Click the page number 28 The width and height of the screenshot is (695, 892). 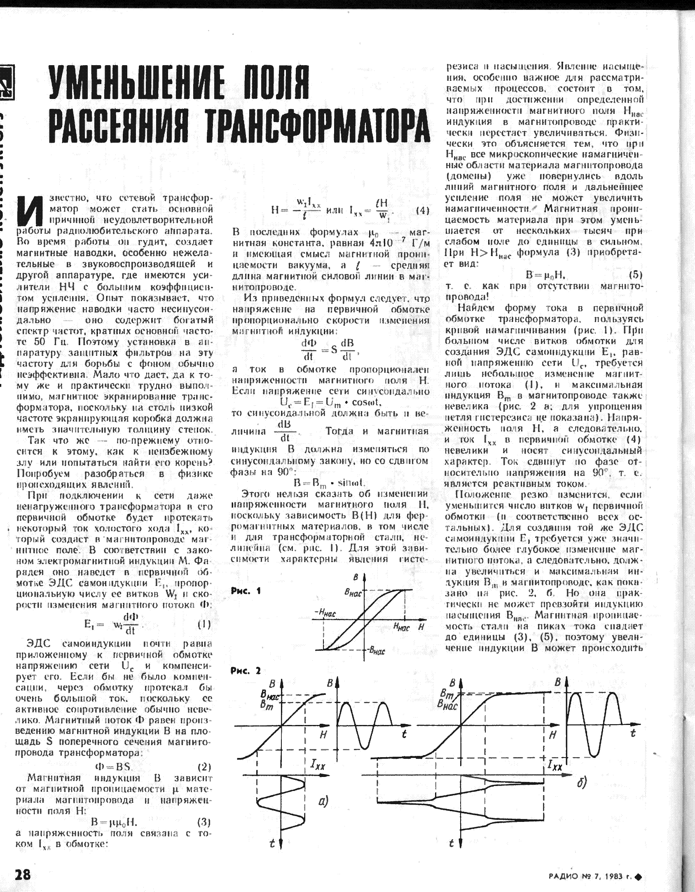tap(23, 873)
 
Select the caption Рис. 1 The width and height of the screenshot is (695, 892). tap(246, 591)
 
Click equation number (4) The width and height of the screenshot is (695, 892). tap(422, 210)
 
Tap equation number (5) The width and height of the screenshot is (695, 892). tap(636, 275)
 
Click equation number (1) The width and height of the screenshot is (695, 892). tap(204, 624)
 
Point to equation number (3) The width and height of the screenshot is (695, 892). tap(204, 821)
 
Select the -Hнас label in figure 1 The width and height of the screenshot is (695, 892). tap(325, 613)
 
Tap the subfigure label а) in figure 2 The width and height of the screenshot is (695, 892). tap(323, 801)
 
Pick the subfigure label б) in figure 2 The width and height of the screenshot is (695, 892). tap(582, 782)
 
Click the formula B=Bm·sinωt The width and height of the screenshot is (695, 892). tap(329, 482)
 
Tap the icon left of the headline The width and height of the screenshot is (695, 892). tap(7, 82)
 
